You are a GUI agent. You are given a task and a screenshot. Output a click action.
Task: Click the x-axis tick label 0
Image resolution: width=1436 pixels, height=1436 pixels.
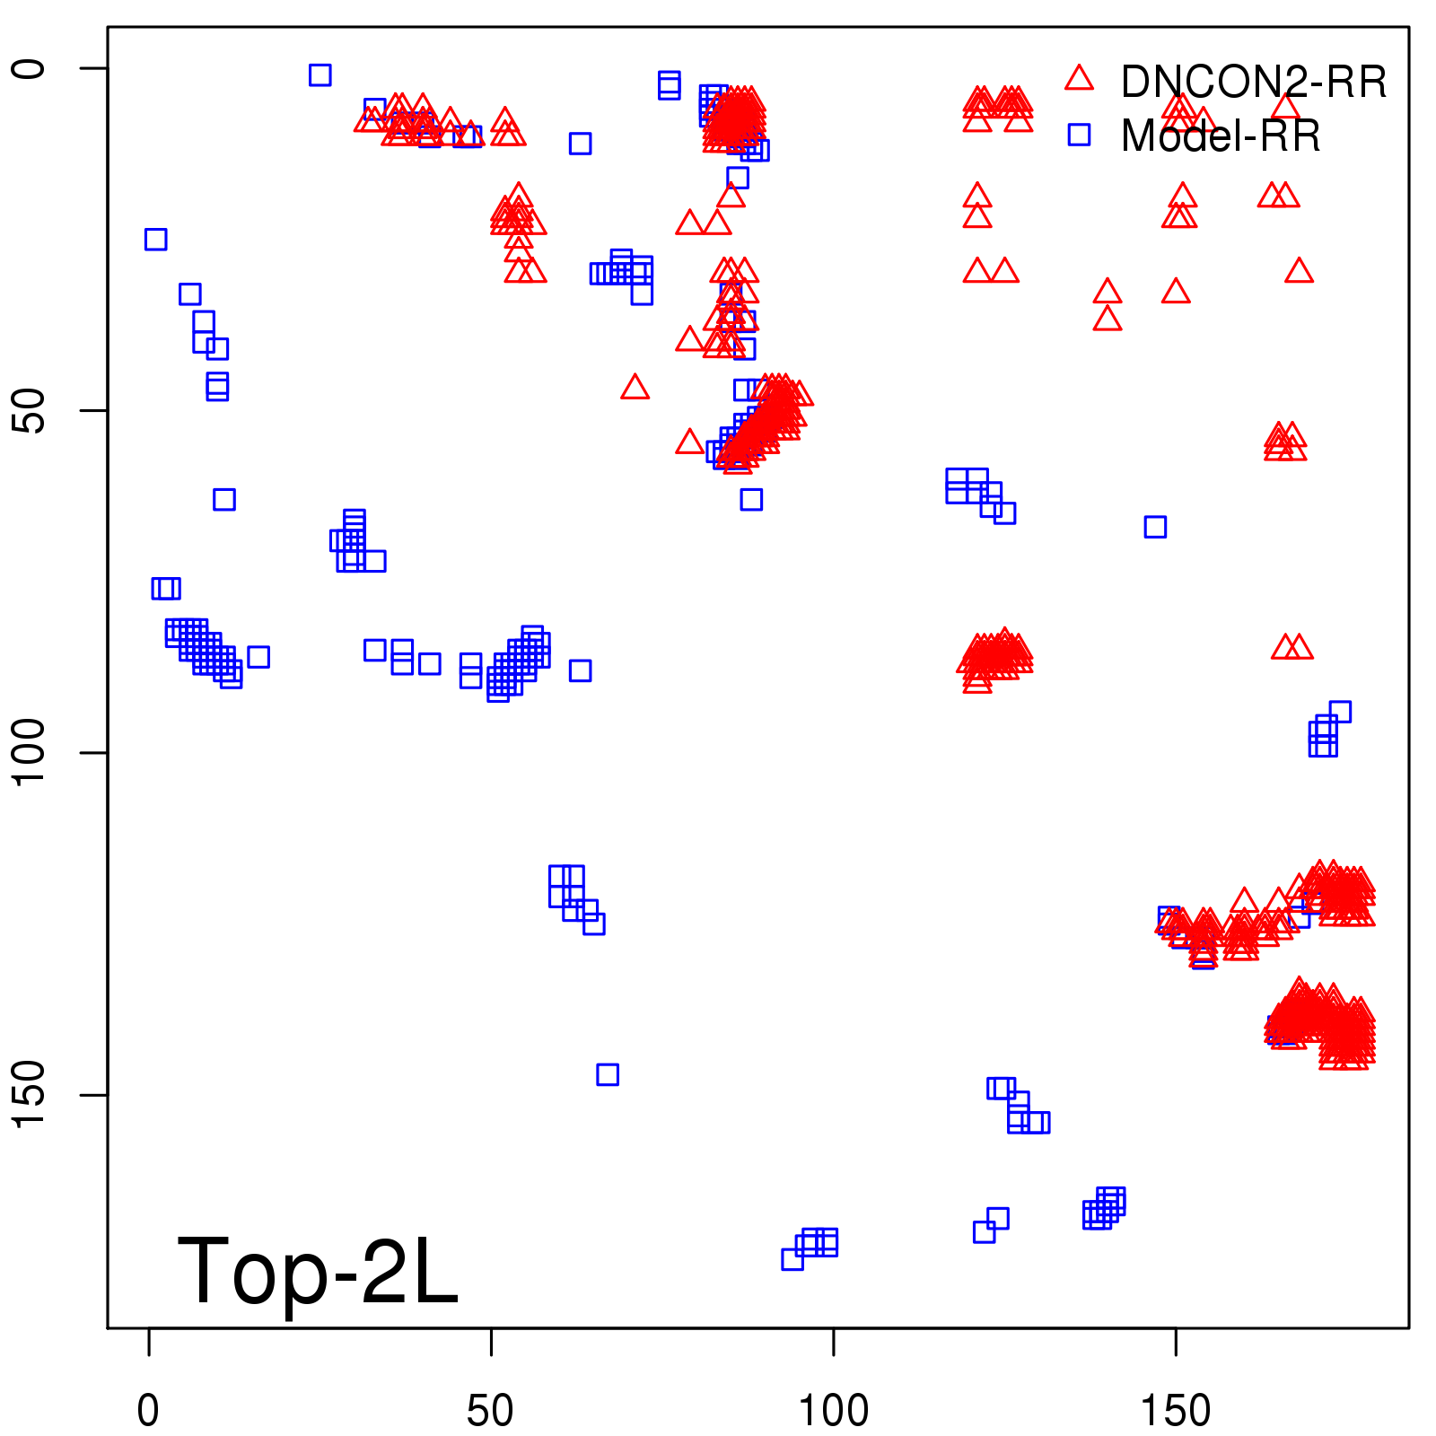tap(148, 1411)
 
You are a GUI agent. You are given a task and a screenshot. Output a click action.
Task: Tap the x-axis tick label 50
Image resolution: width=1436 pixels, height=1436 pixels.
tap(490, 1411)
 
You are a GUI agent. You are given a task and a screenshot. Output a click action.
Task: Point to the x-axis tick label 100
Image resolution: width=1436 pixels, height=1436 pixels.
tap(833, 1411)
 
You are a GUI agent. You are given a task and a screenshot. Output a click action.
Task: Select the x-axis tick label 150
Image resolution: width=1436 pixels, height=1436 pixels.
tap(1175, 1411)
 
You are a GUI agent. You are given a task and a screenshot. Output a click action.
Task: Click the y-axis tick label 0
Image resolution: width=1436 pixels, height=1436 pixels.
tap(29, 68)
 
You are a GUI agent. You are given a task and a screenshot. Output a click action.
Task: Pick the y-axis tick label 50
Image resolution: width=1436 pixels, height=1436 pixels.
tap(29, 411)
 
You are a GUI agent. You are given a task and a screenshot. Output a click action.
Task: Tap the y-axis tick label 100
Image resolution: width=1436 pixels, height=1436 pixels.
tap(29, 752)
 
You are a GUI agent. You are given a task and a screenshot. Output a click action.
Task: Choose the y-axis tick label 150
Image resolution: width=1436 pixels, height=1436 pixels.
tap(29, 1095)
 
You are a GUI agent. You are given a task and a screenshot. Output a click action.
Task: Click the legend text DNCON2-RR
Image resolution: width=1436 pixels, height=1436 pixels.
tap(1253, 83)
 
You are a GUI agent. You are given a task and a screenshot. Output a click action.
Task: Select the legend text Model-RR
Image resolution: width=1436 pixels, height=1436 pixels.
tap(1221, 136)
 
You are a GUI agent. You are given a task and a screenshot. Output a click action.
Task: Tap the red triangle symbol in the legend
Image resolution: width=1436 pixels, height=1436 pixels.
tap(1079, 79)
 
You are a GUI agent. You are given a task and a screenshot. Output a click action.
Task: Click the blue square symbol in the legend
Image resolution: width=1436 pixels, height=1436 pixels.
tap(1079, 135)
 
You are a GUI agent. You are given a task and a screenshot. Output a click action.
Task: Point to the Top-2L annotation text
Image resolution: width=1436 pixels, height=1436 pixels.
tap(318, 1271)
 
